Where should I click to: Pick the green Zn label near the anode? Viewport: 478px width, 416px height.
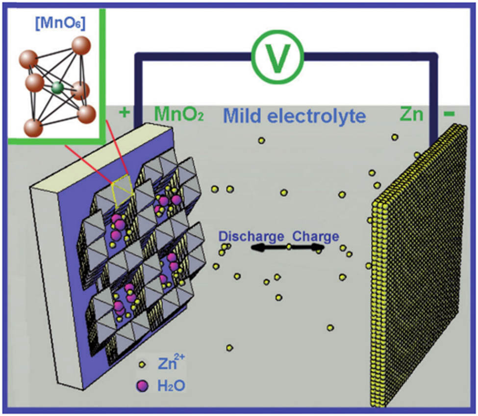pyautogui.click(x=411, y=114)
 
